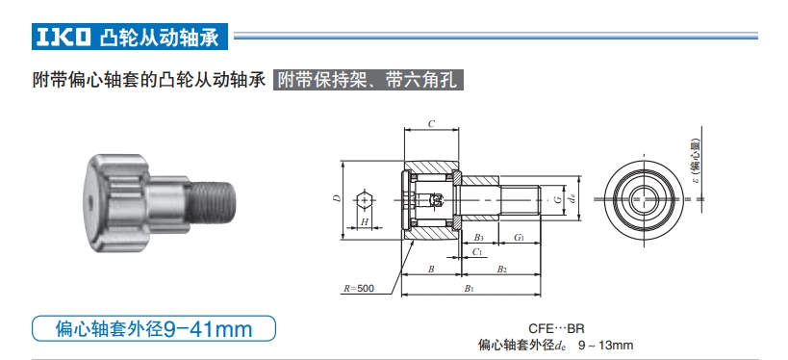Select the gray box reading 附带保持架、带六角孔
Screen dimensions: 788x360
369,81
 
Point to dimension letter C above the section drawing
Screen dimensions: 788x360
430,124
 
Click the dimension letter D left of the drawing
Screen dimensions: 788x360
336,198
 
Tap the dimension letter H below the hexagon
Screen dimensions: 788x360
365,222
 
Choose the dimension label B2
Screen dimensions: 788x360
501,270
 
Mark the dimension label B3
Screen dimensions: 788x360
478,237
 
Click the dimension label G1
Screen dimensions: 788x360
519,237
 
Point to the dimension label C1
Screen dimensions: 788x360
478,252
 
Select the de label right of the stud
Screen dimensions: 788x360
573,199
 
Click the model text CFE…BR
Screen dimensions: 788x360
556,328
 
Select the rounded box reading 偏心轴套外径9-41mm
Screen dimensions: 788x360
155,329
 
